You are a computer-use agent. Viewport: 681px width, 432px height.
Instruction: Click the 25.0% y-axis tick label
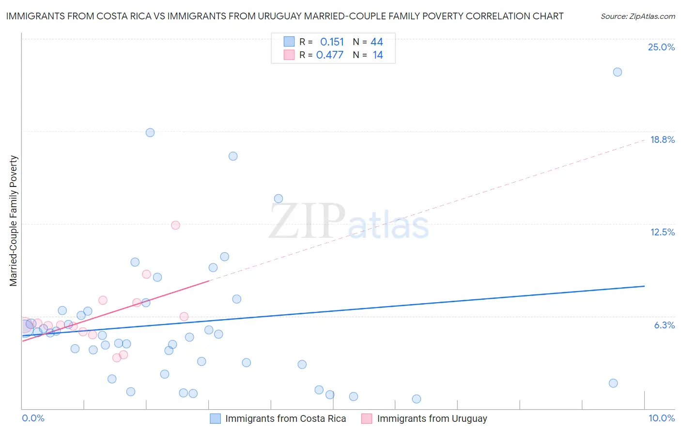coord(661,47)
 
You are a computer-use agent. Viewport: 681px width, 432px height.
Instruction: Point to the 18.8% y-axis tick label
coord(662,139)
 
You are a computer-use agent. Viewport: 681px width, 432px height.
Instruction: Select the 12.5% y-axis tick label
coord(662,232)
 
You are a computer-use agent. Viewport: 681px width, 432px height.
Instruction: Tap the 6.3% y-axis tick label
coord(664,325)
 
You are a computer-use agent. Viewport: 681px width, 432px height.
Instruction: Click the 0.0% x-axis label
coord(33,418)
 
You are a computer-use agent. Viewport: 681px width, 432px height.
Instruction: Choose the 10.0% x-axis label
coord(661,418)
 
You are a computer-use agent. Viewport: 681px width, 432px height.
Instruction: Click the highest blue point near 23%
coord(617,72)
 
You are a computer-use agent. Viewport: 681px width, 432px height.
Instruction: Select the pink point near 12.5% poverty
coord(175,225)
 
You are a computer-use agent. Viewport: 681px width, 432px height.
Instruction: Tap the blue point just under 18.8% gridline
coord(150,133)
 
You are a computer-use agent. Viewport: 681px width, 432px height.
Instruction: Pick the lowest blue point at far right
coord(613,383)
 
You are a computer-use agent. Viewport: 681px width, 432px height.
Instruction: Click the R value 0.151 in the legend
coord(332,42)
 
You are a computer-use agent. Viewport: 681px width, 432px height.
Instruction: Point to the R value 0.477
coord(329,55)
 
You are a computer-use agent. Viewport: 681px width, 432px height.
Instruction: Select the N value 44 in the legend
coord(377,42)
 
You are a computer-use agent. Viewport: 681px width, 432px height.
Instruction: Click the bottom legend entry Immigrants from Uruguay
coord(432,418)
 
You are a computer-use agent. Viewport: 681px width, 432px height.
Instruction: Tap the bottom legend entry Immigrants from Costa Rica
coord(285,418)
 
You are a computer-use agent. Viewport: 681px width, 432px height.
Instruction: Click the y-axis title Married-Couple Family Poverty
coord(14,221)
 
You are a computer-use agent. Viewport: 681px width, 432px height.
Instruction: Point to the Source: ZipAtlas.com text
coord(637,16)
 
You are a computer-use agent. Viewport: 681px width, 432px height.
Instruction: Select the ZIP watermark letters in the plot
coord(307,222)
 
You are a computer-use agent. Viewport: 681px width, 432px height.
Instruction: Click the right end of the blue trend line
coord(644,286)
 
